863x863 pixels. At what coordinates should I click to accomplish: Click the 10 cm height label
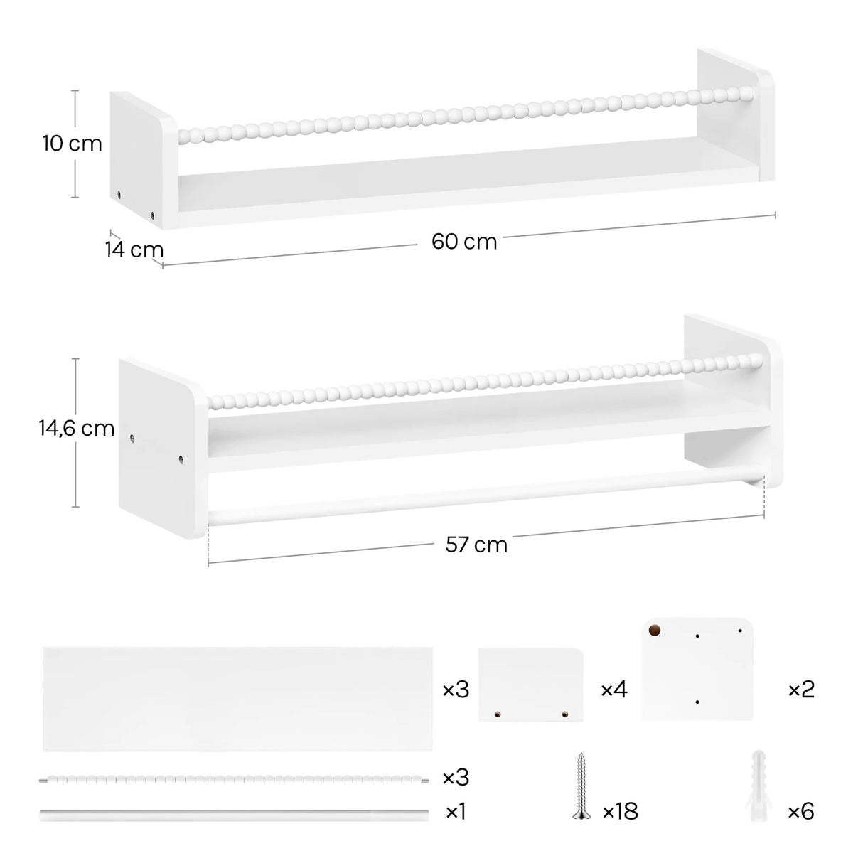pyautogui.click(x=72, y=144)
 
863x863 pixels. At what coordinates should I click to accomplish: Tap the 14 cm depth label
pyautogui.click(x=134, y=250)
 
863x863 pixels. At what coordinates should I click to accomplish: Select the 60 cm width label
pyautogui.click(x=464, y=242)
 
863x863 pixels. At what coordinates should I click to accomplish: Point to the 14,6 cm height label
pyautogui.click(x=77, y=428)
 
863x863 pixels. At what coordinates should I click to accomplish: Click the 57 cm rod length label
pyautogui.click(x=476, y=545)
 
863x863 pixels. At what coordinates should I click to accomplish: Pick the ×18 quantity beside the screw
pyautogui.click(x=620, y=811)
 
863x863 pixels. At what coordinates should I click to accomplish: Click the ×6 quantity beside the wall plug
pyautogui.click(x=800, y=811)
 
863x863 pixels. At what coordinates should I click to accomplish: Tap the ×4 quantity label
pyautogui.click(x=614, y=689)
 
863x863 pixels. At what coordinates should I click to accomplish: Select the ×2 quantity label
pyautogui.click(x=801, y=689)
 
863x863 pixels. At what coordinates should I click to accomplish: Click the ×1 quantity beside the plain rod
pyautogui.click(x=455, y=811)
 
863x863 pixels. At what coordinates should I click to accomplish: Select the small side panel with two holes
pyautogui.click(x=530, y=684)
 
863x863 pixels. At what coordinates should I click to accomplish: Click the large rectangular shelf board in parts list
pyautogui.click(x=237, y=698)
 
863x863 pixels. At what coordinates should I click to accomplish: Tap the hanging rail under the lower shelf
pyautogui.click(x=483, y=492)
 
